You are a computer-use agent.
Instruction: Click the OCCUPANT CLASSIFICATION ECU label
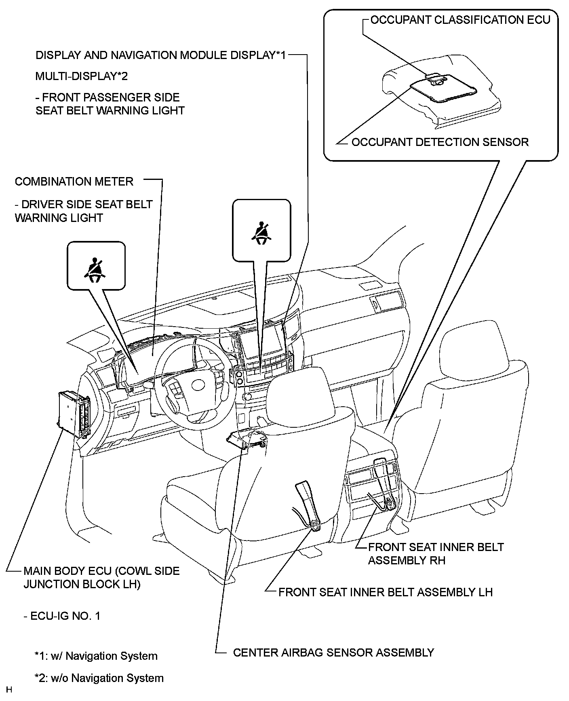(460, 20)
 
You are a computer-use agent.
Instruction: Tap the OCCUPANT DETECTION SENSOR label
(440, 142)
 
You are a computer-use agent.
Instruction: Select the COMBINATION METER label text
(74, 182)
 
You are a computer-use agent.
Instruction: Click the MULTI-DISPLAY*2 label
(76, 76)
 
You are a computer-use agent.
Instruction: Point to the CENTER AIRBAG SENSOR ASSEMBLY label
(333, 652)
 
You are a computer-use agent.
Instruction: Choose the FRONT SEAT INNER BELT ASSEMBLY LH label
(386, 592)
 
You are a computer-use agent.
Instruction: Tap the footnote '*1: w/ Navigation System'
(96, 656)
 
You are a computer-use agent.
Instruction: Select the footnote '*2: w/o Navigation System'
(99, 678)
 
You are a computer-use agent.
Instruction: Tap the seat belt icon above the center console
(261, 233)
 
